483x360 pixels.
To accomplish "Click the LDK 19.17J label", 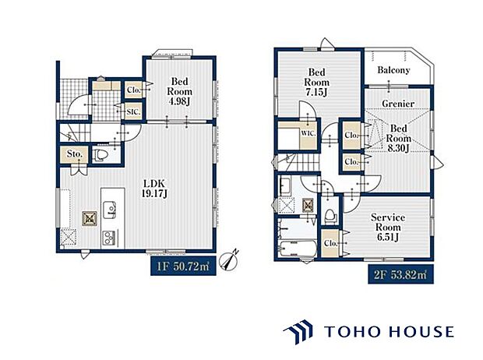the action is (154, 189).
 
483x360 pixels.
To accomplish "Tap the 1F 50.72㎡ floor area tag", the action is (183, 266).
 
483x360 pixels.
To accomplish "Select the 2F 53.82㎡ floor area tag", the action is (400, 274).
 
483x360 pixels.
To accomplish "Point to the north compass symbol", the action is (229, 259).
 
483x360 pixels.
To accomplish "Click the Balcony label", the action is (393, 70).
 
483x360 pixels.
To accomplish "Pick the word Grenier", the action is (398, 104).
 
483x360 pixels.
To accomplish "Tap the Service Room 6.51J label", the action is (388, 228).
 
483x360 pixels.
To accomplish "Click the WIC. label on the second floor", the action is (308, 133).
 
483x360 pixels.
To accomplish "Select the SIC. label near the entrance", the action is (133, 112).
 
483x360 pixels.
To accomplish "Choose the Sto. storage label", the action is (75, 154).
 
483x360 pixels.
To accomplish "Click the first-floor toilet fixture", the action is (99, 155).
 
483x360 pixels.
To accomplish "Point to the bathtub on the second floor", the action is (298, 249).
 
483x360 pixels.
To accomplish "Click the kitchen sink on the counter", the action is (109, 210).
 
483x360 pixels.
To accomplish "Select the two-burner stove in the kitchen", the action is (109, 238).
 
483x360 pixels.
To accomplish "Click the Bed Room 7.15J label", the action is (316, 83).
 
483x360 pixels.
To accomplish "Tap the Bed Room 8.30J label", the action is (399, 138).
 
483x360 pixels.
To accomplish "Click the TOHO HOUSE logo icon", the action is (298, 332).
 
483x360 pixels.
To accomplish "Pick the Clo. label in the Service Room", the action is (330, 243).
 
